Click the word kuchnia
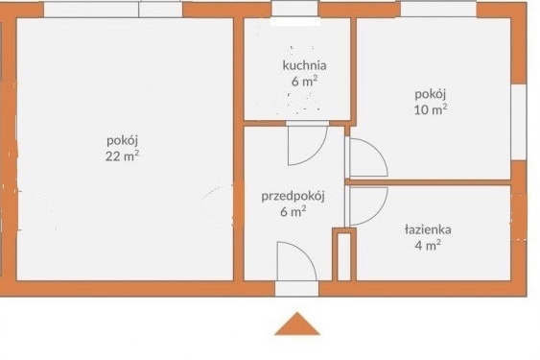click(304, 65)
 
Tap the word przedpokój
click(293, 197)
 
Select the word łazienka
click(428, 229)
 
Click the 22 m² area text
click(122, 156)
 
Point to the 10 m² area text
click(430, 109)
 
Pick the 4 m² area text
click(428, 246)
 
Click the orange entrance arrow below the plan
click(297, 324)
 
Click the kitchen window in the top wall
click(294, 9)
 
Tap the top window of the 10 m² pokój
click(438, 9)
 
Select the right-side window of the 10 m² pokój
click(519, 122)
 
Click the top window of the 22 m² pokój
click(113, 10)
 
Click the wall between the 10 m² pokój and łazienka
click(430, 182)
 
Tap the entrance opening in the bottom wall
click(297, 289)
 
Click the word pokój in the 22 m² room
click(122, 141)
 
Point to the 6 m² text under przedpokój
click(293, 211)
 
